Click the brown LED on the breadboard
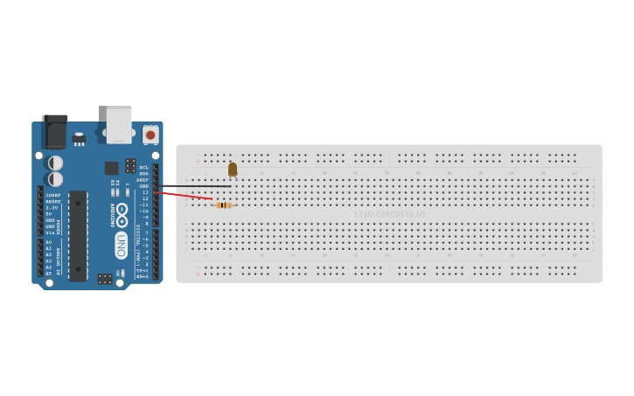tap(233, 170)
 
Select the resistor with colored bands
tap(224, 205)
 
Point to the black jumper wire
tap(194, 185)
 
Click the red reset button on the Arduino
tap(150, 135)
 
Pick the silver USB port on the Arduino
tap(119, 123)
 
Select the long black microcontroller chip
tap(78, 235)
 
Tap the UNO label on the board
tap(122, 245)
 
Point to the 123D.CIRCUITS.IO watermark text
tap(389, 214)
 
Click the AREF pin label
tap(143, 179)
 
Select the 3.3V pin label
tap(52, 207)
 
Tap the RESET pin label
tap(53, 201)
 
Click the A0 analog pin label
tap(49, 242)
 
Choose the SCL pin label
tap(143, 167)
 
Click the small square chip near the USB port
tap(112, 168)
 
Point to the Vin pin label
tap(50, 232)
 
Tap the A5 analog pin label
tap(49, 273)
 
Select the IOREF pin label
tap(53, 195)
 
